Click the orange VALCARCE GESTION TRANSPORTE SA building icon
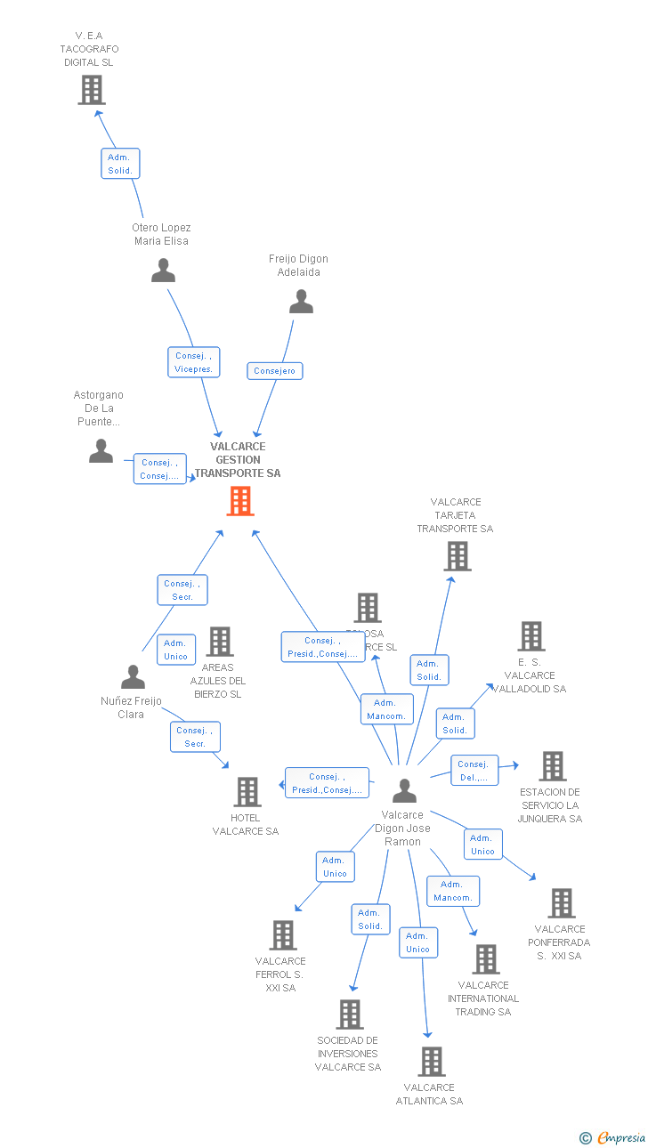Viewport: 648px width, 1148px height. [x=240, y=501]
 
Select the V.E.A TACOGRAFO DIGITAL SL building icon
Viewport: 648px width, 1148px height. [x=92, y=90]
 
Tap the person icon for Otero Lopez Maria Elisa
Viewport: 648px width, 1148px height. [x=163, y=271]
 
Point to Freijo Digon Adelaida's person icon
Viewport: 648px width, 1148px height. [x=302, y=303]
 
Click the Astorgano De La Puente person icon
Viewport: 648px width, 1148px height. [x=101, y=451]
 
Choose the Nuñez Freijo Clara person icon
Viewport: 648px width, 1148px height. [x=133, y=677]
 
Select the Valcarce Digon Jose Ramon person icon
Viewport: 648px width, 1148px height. [x=404, y=790]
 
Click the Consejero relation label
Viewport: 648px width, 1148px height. [x=275, y=370]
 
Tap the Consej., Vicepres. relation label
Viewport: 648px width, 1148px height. [x=193, y=362]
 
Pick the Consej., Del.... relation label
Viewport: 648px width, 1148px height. [x=473, y=771]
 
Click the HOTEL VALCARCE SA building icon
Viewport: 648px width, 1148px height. [x=247, y=791]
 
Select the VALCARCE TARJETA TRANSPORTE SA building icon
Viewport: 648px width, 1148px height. [x=457, y=556]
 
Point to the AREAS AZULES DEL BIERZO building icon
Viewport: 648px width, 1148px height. [x=220, y=641]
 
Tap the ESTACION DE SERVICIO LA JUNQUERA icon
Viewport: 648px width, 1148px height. [x=553, y=766]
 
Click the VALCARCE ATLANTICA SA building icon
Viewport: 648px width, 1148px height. [x=432, y=1062]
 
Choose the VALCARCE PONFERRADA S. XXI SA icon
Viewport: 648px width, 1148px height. [x=562, y=903]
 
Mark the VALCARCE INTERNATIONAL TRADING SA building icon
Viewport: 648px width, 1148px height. [x=486, y=959]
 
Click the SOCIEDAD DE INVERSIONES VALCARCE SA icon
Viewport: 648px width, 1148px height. [x=350, y=1014]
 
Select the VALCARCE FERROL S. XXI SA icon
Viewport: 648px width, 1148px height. [x=283, y=935]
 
